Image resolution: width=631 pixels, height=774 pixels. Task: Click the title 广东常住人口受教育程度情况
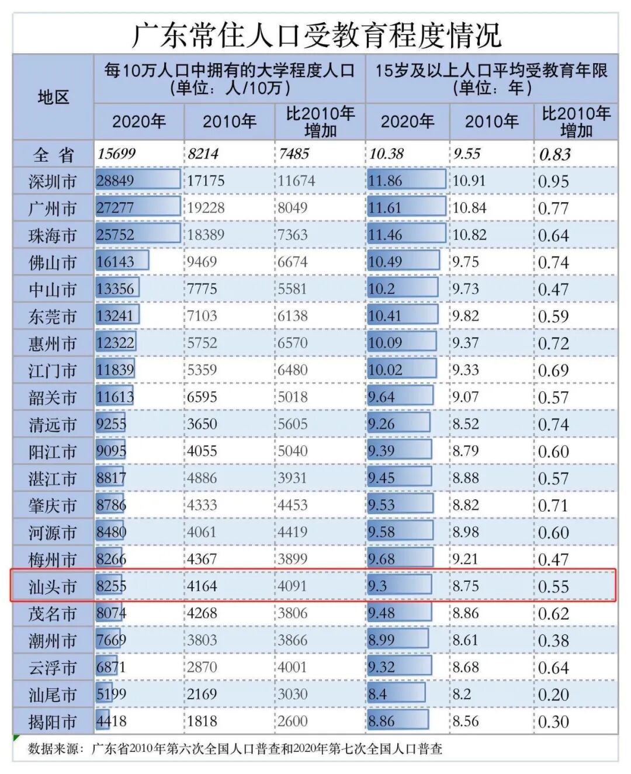tap(315, 35)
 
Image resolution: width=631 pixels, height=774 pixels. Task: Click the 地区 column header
tap(53, 97)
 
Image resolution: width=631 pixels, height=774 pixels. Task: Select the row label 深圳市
tap(53, 181)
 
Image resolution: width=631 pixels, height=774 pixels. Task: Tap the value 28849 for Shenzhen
tap(116, 181)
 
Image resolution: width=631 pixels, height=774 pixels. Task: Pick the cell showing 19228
tap(206, 208)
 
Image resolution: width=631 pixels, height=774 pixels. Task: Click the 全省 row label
tap(53, 155)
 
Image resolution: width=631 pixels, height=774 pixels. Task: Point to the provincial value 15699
tap(116, 154)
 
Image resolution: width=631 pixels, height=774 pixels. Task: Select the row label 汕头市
tap(53, 586)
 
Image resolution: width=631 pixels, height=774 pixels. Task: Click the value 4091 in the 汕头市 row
tap(292, 586)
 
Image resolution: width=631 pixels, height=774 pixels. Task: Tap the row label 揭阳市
tap(53, 722)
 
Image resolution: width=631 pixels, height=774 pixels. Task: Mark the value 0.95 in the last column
tap(553, 182)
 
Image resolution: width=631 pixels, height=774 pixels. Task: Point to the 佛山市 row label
tap(53, 262)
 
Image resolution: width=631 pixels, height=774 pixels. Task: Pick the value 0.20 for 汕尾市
tap(553, 695)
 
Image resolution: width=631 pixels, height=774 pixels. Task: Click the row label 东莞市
tap(53, 317)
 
